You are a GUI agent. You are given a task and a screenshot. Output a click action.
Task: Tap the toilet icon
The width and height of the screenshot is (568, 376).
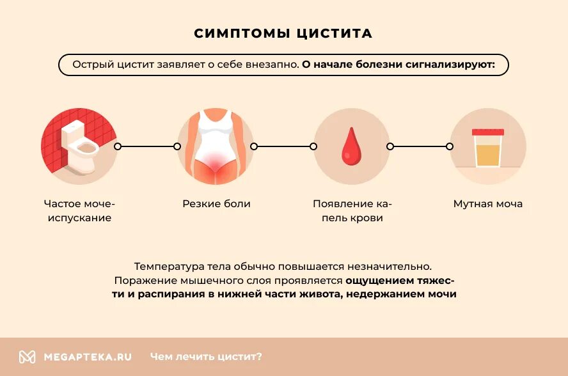(x=79, y=146)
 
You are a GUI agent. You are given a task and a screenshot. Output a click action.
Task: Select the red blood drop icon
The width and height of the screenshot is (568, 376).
(x=351, y=147)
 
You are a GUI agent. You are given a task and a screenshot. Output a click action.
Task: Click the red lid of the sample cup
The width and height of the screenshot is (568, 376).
(x=487, y=131)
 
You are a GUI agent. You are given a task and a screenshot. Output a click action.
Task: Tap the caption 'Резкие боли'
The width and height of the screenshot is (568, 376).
(x=216, y=204)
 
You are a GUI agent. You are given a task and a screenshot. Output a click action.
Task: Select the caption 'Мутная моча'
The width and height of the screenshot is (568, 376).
(x=487, y=204)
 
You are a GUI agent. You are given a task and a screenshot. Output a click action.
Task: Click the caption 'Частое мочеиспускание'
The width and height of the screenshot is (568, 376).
(x=79, y=211)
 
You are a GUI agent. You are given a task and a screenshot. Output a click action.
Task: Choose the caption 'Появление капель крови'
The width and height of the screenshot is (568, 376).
(x=351, y=211)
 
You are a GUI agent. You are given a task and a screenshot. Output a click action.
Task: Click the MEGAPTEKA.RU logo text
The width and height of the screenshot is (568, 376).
(x=88, y=357)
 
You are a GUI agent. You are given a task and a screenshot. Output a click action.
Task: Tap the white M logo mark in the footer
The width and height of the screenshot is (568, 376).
(x=27, y=357)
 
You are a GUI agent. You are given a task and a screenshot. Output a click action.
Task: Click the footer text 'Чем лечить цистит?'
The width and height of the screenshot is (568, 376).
(x=206, y=357)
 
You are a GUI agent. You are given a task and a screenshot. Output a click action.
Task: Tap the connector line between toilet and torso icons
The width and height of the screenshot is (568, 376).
(x=147, y=146)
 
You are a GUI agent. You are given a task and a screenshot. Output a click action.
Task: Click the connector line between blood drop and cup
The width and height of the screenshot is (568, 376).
(x=420, y=146)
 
